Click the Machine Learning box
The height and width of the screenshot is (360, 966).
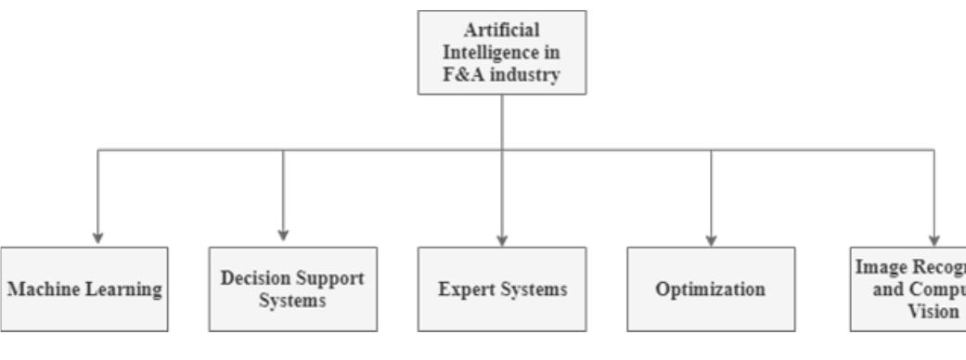click(84, 289)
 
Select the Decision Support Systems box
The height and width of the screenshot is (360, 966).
click(293, 289)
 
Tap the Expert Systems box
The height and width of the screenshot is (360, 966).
click(502, 289)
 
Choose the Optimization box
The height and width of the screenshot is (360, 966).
click(711, 289)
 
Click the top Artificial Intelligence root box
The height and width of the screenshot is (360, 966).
click(502, 52)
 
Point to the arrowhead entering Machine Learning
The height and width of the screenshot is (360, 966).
click(98, 238)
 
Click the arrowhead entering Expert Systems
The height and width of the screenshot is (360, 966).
click(502, 238)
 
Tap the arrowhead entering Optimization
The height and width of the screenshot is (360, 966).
click(711, 238)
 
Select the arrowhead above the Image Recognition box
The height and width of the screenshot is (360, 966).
click(934, 238)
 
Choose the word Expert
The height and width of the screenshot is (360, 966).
click(463, 289)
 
